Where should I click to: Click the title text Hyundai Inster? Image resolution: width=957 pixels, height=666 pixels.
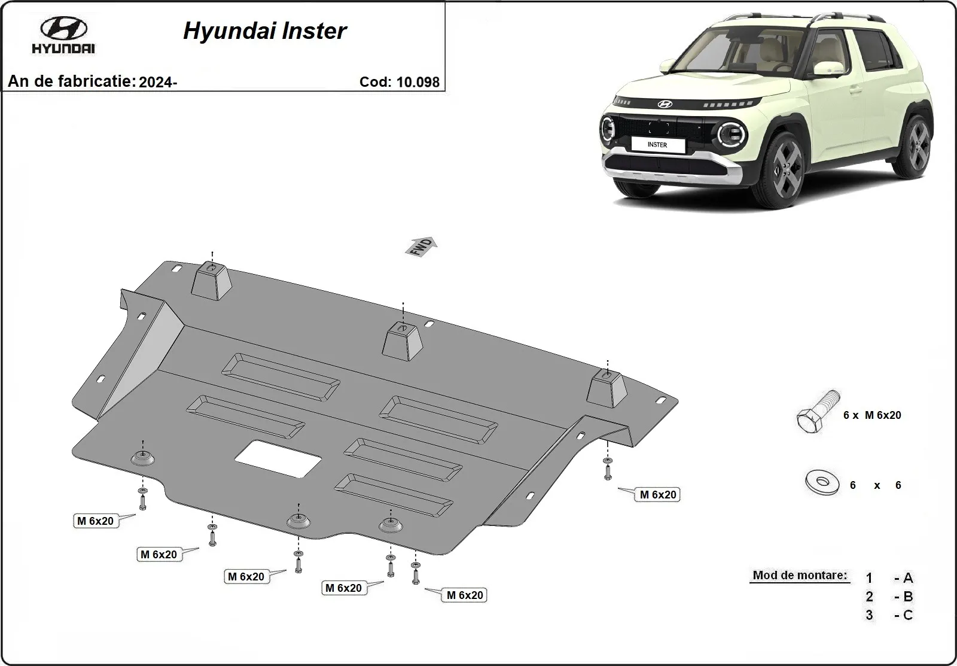coord(264,31)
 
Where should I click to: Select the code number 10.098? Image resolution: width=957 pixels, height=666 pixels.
coord(417,82)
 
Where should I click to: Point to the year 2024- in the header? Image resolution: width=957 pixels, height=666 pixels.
coord(157,83)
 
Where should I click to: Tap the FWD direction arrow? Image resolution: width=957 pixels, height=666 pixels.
coord(423,246)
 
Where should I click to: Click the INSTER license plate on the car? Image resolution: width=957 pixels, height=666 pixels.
coord(657,144)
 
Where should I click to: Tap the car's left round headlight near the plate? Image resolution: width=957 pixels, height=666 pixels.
coord(608,130)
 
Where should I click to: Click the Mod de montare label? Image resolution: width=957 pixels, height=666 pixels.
coord(799,576)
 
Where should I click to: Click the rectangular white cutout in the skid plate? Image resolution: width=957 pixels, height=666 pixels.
coord(278,459)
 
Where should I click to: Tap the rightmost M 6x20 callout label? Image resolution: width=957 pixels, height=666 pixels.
coord(657,494)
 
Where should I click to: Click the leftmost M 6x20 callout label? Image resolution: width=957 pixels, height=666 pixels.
coord(95,521)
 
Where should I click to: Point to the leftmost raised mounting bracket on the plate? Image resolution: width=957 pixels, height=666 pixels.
coord(212,281)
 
